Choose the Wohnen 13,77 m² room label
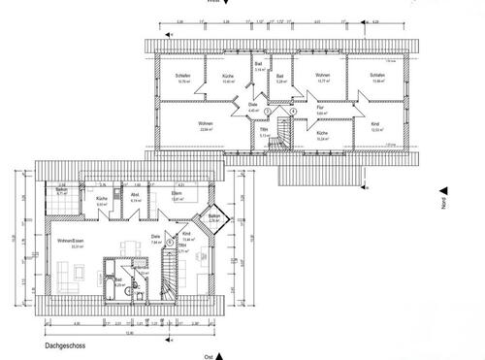point(323,77)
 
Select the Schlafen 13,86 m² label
point(376,77)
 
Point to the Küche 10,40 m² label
point(228,78)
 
